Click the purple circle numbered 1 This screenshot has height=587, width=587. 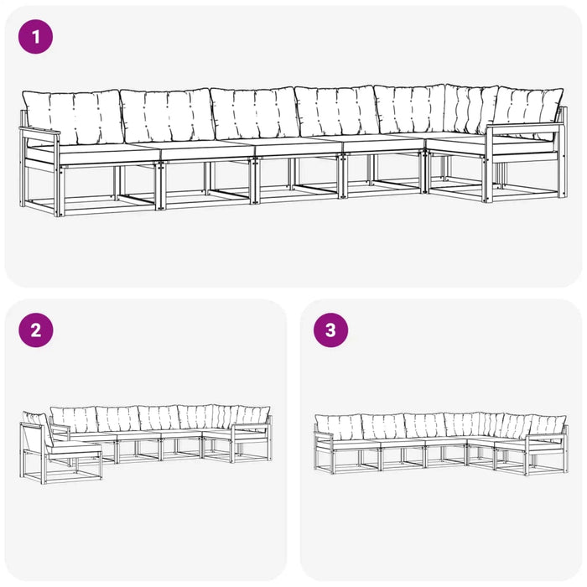(x=35, y=37)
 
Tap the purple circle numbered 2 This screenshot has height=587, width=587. (x=35, y=330)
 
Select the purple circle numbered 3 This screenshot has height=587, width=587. (x=330, y=330)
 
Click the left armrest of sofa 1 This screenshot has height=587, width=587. (x=39, y=131)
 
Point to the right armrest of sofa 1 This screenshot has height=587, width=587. (x=524, y=127)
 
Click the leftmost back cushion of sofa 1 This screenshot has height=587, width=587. (x=72, y=117)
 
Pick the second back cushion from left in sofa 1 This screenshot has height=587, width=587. (x=167, y=115)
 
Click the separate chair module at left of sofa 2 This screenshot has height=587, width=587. (x=60, y=448)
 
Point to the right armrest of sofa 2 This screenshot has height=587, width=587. (x=250, y=425)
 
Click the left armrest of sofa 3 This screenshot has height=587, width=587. (x=324, y=434)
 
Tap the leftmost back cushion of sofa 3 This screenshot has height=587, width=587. (x=339, y=428)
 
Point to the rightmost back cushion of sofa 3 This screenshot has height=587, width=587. (x=548, y=426)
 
